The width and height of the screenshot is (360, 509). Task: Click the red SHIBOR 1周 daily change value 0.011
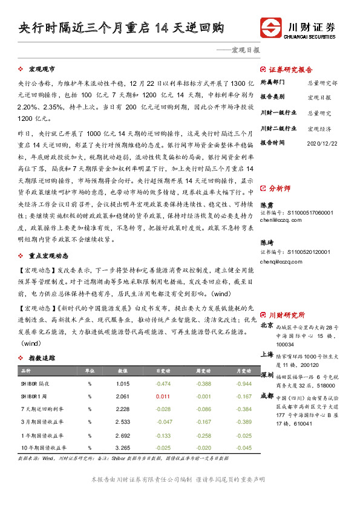(162, 397)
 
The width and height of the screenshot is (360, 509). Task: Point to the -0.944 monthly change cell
(244, 384)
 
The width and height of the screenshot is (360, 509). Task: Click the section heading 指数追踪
(43, 358)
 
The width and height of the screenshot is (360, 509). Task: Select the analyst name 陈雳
(266, 222)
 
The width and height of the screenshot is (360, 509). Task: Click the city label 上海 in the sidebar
(266, 355)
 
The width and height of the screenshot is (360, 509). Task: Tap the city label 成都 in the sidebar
(266, 395)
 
